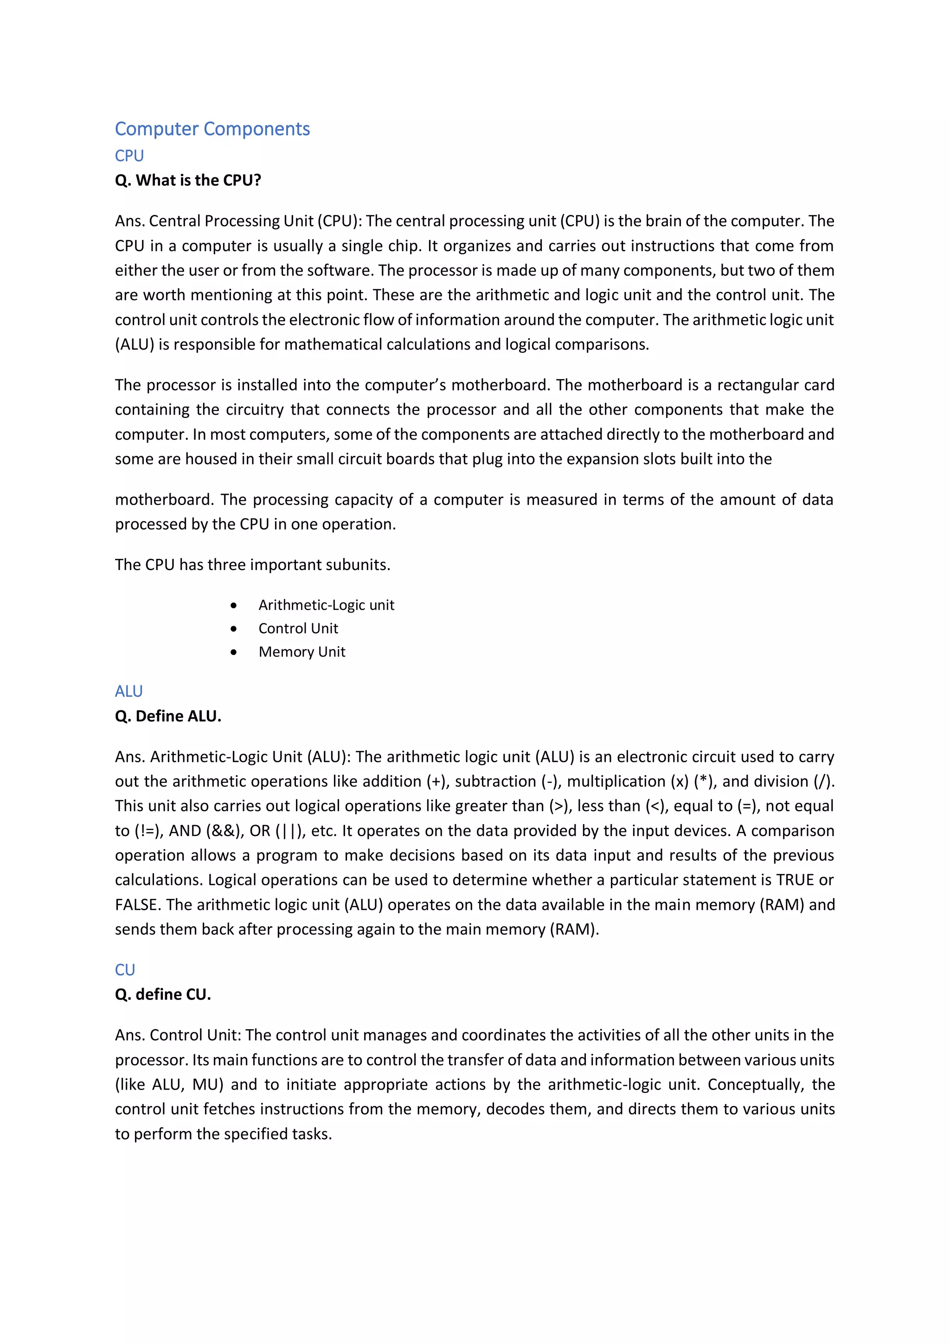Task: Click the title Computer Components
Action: pyautogui.click(x=212, y=129)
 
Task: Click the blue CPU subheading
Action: pyautogui.click(x=129, y=156)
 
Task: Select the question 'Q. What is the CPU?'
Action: pyautogui.click(x=188, y=180)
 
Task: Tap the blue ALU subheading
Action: pyautogui.click(x=128, y=691)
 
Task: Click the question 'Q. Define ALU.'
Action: pyautogui.click(x=168, y=716)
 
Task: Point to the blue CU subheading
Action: pyautogui.click(x=125, y=970)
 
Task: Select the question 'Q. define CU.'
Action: pyautogui.click(x=163, y=994)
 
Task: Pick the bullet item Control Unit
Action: pyautogui.click(x=298, y=628)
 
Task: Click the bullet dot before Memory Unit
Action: pyautogui.click(x=234, y=652)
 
